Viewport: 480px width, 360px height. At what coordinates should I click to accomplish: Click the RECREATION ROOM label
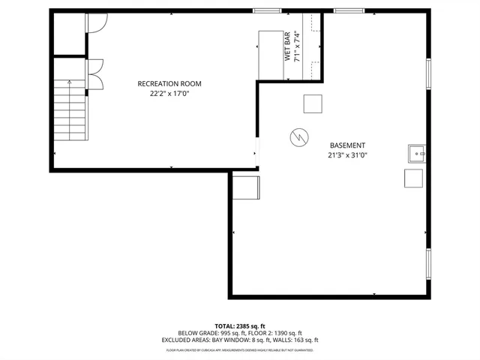coord(169,83)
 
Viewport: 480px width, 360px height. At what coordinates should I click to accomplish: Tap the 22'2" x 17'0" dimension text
coord(169,94)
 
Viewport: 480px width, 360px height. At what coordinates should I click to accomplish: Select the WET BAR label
coord(287,46)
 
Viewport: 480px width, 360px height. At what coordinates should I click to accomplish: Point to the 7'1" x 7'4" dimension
coord(297,46)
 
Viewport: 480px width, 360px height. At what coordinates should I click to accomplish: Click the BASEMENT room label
coord(347,145)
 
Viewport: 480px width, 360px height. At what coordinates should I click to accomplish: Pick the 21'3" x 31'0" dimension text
coord(347,155)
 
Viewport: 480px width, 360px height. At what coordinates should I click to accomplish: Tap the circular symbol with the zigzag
coord(298,137)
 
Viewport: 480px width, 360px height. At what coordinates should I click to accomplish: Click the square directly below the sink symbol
coord(413,178)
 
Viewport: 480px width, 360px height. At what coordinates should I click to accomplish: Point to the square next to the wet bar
coord(312,103)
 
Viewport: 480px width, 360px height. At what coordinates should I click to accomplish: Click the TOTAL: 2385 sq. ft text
coord(239,325)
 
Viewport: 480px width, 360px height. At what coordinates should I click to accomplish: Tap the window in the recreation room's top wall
coord(266,10)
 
